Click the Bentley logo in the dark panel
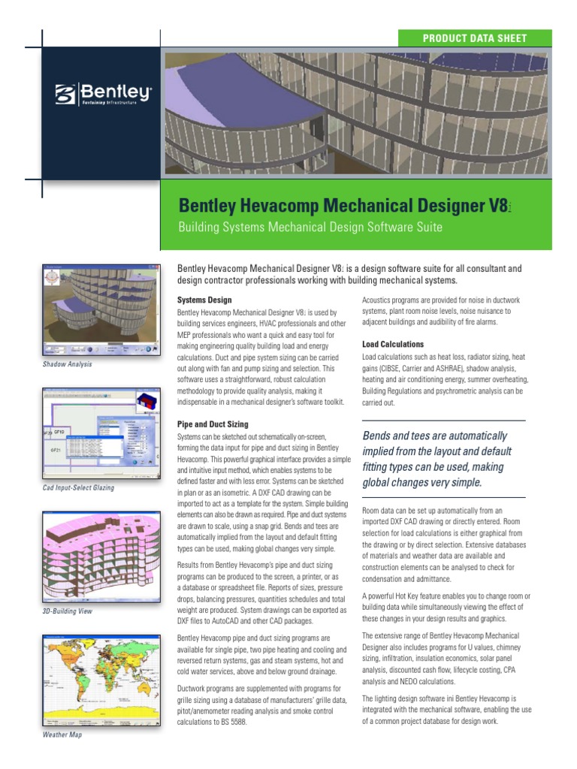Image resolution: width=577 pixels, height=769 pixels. [x=103, y=95]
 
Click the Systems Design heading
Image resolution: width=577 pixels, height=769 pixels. [x=199, y=300]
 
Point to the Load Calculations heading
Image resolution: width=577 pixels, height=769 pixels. [x=393, y=344]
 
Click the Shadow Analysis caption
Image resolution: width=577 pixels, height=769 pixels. [x=68, y=364]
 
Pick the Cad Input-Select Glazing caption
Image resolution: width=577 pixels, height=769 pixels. [x=79, y=488]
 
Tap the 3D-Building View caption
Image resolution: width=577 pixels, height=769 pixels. [x=68, y=611]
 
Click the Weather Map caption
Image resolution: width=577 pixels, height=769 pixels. [x=62, y=734]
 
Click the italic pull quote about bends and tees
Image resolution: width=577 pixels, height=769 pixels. [x=436, y=459]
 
